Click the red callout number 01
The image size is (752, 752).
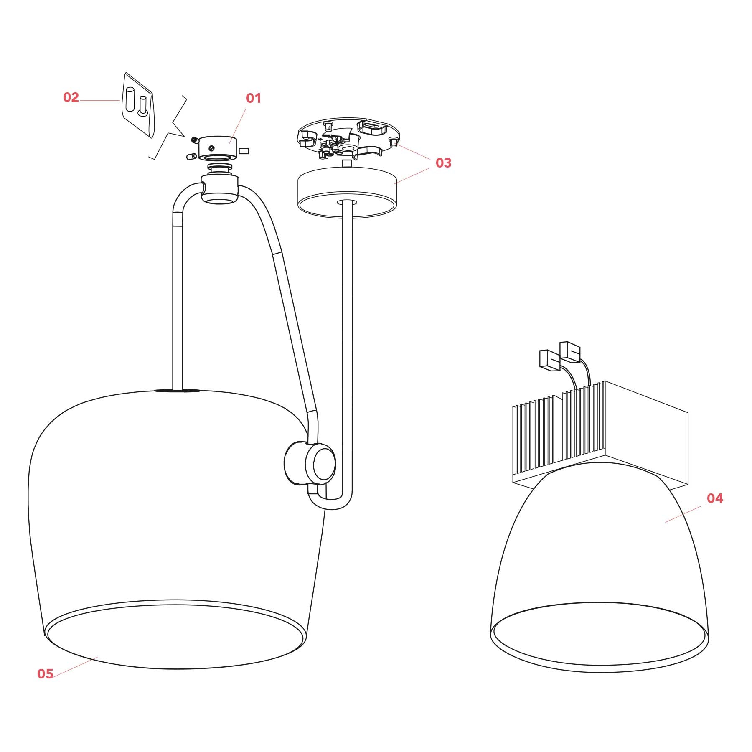(253, 98)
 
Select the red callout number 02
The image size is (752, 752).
(71, 97)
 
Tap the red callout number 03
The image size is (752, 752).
(443, 163)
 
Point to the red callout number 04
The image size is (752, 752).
(714, 498)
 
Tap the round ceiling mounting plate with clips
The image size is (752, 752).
(348, 138)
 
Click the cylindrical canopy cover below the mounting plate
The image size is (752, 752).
(347, 192)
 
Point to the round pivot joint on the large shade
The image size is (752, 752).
(310, 463)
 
